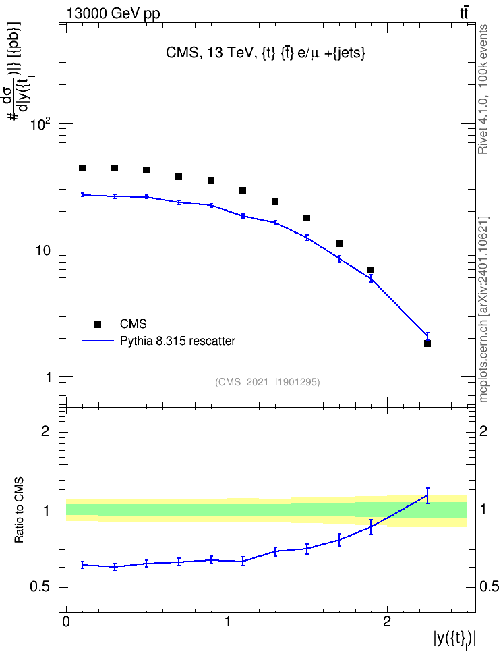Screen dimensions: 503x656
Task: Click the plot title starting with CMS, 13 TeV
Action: [266, 53]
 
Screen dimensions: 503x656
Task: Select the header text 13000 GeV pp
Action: [113, 13]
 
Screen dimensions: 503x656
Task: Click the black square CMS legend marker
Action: [98, 324]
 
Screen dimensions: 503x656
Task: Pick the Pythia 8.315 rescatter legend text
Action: [178, 341]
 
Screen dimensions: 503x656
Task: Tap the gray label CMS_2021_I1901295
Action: [268, 382]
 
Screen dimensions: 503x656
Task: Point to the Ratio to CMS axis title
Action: [19, 510]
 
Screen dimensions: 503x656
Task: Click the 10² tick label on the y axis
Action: [40, 124]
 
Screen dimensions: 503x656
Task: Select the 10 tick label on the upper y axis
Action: [43, 250]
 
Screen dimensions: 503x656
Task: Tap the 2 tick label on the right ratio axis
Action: [483, 431]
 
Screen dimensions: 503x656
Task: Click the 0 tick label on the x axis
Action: [66, 622]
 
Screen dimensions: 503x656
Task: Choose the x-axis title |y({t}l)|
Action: [454, 639]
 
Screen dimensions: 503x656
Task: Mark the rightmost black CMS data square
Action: [427, 344]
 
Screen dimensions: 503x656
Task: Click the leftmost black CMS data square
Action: [82, 168]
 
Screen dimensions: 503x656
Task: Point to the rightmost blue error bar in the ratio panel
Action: [427, 495]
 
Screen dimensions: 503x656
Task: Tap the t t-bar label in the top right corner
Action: [464, 13]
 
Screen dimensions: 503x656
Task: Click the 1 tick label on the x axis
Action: [227, 622]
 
